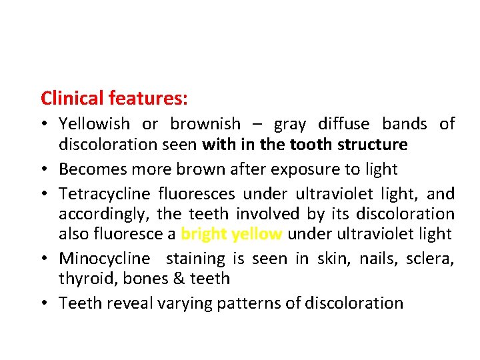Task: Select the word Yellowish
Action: coord(94,124)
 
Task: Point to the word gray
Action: coord(290,124)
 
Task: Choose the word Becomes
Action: coord(90,169)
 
